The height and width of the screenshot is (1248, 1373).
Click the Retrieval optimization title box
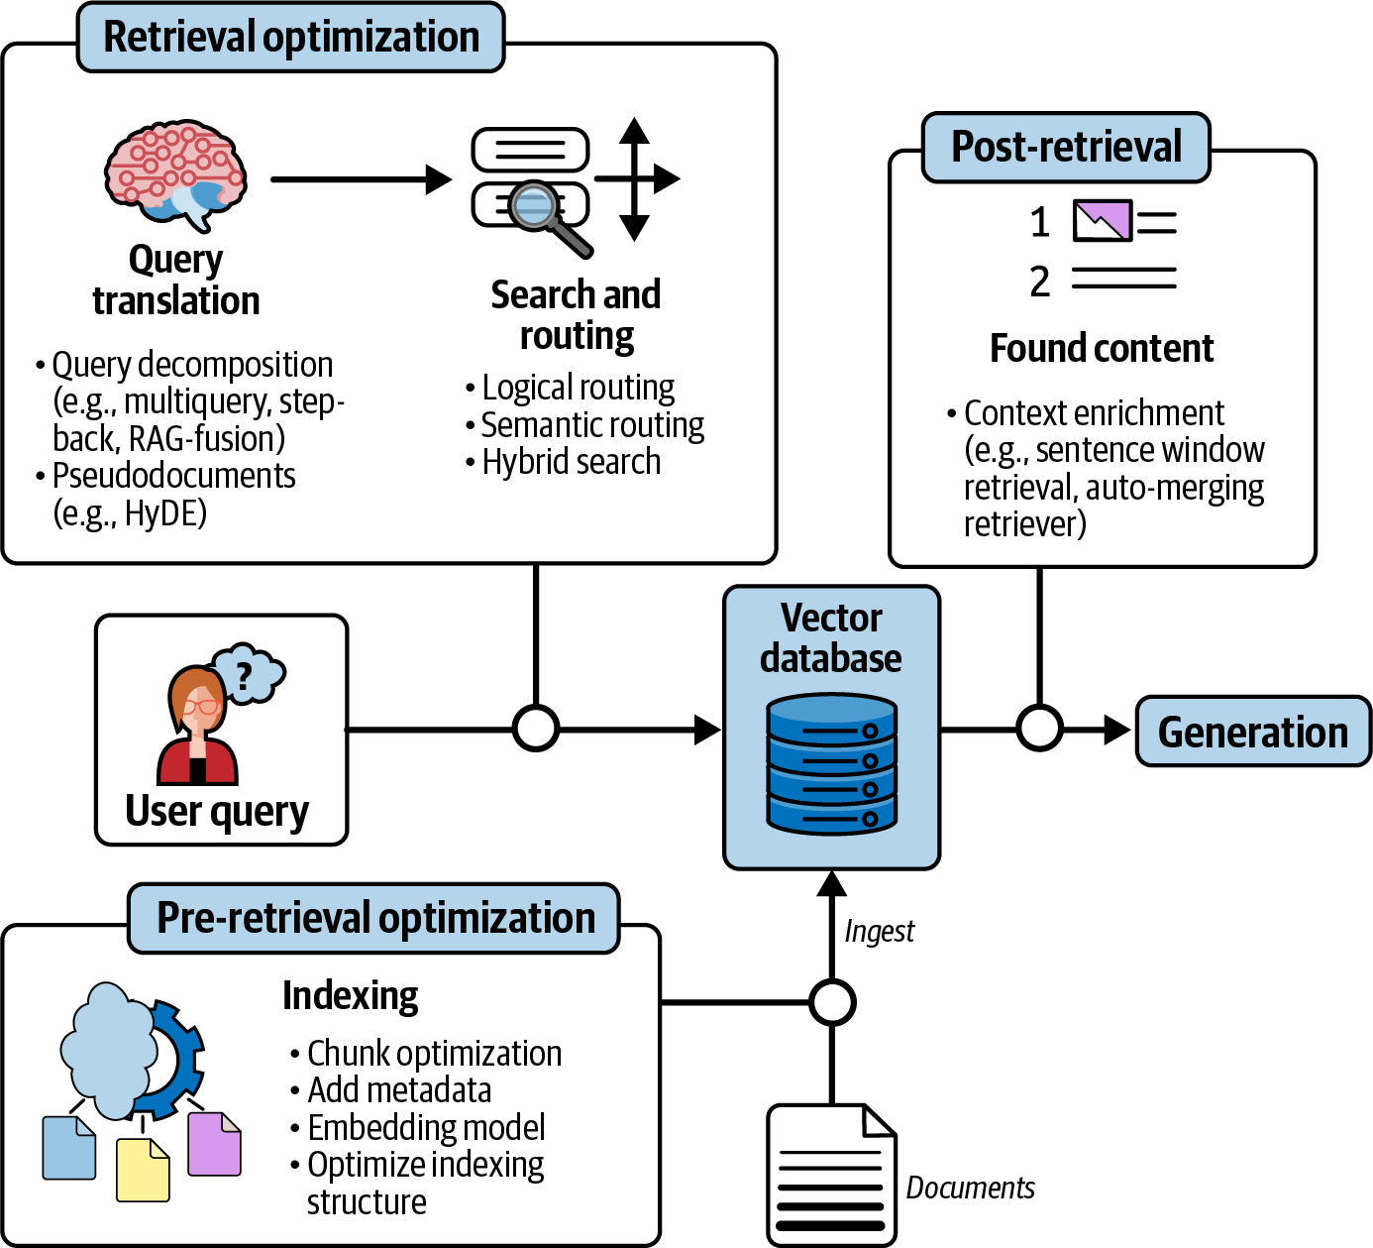tap(290, 38)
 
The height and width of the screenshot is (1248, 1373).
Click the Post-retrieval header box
tap(1066, 148)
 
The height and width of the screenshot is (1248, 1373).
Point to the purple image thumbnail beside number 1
tap(1102, 221)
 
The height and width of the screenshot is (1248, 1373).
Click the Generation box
tap(1252, 733)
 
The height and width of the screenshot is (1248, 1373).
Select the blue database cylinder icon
tap(831, 764)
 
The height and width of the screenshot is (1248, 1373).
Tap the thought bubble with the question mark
tap(247, 674)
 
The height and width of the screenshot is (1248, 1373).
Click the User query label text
tap(217, 811)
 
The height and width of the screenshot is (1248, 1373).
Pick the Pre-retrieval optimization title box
tap(374, 919)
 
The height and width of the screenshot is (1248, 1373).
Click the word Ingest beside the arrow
tap(879, 932)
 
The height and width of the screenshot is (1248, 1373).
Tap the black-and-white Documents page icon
tap(831, 1175)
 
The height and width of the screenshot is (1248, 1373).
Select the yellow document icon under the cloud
tap(143, 1170)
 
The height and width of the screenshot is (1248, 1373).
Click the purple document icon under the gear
tap(214, 1145)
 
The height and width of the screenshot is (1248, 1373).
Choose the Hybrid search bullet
tap(571, 462)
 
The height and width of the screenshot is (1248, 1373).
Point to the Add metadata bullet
tap(398, 1090)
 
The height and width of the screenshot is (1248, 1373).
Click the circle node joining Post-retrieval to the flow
tap(1039, 730)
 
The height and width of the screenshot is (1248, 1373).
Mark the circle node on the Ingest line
tap(831, 1002)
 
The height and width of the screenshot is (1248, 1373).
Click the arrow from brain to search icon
tap(361, 179)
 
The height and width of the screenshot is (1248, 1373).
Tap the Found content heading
tap(1102, 349)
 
